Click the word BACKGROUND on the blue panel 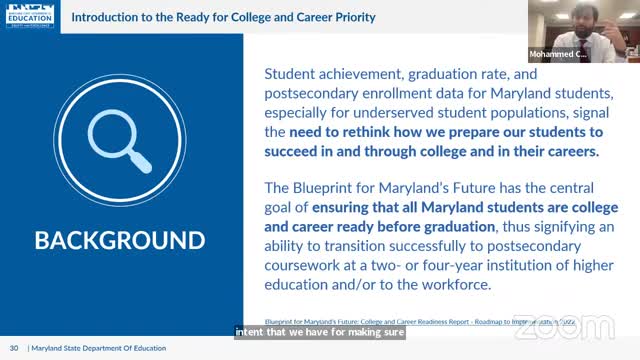click(x=120, y=241)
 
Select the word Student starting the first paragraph click(x=294, y=73)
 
